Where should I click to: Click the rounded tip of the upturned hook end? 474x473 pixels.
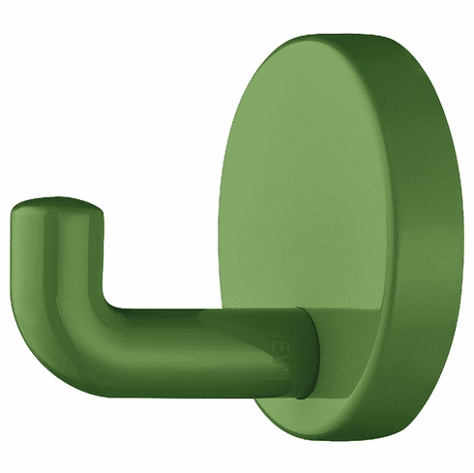(57, 206)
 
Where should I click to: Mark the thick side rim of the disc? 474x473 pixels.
(426, 242)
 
